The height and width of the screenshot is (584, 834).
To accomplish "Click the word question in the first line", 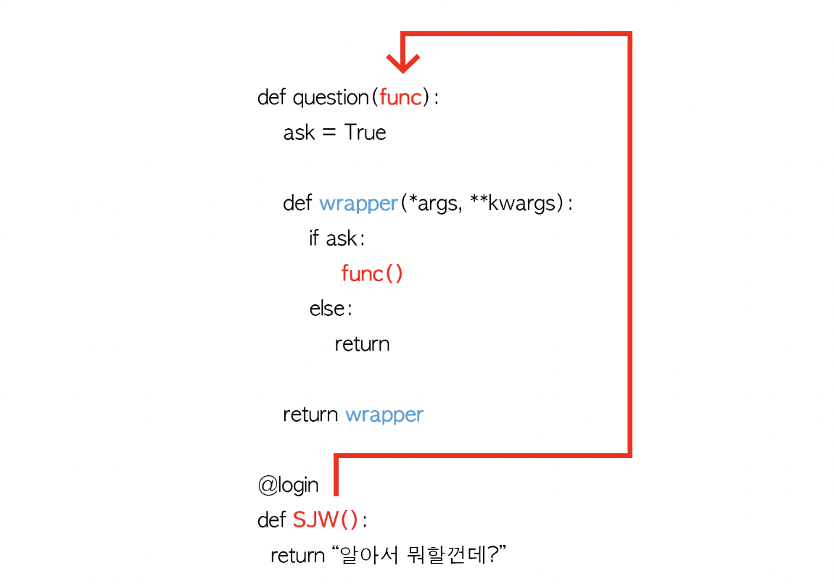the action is (x=331, y=97).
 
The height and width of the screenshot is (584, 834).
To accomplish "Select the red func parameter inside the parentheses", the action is (x=400, y=97).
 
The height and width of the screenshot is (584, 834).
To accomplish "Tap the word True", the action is (x=365, y=133).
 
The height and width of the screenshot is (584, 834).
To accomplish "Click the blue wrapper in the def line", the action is (x=358, y=204).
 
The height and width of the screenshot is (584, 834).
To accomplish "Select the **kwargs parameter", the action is (x=513, y=204).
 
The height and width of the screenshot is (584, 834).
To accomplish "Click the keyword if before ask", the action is (x=314, y=238).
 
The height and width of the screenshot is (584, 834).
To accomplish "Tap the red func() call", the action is (x=371, y=274).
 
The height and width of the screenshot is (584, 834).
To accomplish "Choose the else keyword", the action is (x=327, y=309).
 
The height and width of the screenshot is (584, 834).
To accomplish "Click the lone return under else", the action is (x=362, y=343).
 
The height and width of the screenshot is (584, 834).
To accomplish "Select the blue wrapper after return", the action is (x=384, y=414).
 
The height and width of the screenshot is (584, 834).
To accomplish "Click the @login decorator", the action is (x=288, y=485).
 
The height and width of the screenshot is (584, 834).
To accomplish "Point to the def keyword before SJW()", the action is (x=272, y=520).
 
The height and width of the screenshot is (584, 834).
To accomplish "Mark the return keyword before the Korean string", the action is (x=297, y=556).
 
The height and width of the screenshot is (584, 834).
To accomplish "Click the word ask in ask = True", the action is (x=299, y=133).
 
